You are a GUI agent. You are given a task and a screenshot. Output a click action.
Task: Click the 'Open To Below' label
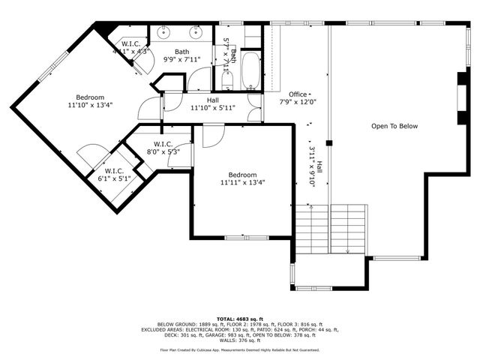394,126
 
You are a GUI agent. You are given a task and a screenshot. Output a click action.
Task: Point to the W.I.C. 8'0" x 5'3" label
165,148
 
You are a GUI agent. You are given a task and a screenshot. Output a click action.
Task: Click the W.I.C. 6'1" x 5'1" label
115,175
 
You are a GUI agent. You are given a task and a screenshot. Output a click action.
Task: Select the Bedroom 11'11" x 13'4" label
242,178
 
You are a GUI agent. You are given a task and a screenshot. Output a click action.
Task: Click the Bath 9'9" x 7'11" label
181,56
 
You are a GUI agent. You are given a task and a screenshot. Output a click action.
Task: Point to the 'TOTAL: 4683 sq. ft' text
240,318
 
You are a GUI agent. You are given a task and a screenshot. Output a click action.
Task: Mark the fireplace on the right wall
460,97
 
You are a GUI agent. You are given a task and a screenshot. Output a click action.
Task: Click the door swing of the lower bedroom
212,135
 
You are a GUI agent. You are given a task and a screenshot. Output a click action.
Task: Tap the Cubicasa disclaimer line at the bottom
240,349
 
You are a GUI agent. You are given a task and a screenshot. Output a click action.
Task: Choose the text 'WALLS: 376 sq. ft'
240,340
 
